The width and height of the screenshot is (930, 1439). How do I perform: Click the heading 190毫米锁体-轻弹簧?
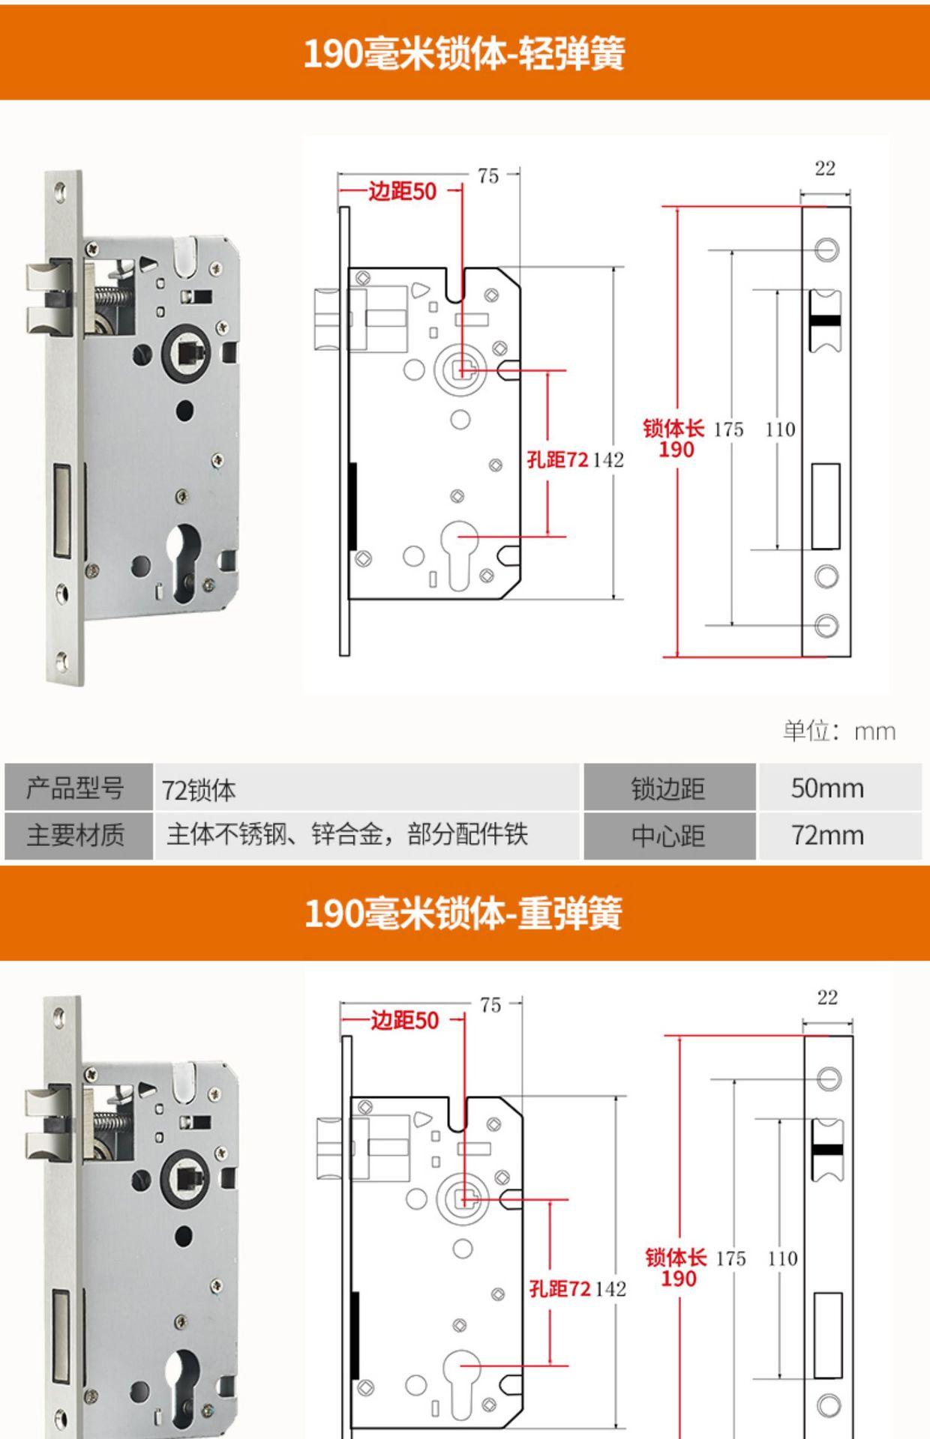463,54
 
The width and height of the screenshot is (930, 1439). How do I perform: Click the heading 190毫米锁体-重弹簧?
463,914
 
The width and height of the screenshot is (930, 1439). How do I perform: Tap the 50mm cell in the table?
827,788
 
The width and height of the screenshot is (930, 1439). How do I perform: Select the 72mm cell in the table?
827,835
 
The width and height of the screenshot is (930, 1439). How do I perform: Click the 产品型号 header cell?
75,788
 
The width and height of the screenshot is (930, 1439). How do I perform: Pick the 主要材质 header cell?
75,835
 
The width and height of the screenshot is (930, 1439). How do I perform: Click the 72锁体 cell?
199,790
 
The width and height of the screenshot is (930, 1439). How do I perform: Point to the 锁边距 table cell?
668,788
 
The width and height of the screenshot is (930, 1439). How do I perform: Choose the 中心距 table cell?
668,836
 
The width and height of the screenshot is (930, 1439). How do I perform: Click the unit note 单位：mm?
839,731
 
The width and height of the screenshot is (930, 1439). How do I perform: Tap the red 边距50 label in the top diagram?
402,191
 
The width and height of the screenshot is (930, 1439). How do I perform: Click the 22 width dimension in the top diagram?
825,169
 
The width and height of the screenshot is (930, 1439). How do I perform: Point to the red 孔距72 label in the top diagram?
557,459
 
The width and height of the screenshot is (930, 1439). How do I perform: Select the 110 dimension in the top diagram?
780,429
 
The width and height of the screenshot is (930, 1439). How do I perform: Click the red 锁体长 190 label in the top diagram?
674,438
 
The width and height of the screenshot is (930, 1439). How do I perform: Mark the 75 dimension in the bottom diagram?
490,1005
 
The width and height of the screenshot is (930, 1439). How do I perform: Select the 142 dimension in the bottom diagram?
610,1288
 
